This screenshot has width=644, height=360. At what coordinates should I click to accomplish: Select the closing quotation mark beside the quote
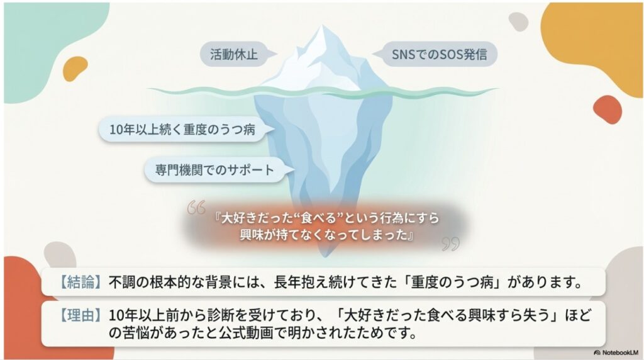pyautogui.click(x=450, y=243)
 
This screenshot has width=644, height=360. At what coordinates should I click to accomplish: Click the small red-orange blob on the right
pyautogui.click(x=607, y=110)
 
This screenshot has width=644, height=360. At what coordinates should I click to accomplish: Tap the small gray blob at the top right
pyautogui.click(x=518, y=21)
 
